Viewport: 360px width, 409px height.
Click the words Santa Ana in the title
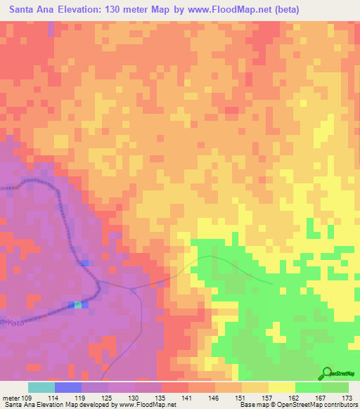point(30,10)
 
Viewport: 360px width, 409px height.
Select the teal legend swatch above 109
point(41,387)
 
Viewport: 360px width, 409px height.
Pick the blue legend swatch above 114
point(68,387)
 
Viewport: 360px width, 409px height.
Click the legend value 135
point(162,397)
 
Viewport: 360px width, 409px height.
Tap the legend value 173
point(347,397)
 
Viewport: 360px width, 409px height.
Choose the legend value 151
point(241,397)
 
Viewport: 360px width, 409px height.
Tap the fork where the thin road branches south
point(132,288)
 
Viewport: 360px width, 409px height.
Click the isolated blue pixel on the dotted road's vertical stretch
point(84,262)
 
